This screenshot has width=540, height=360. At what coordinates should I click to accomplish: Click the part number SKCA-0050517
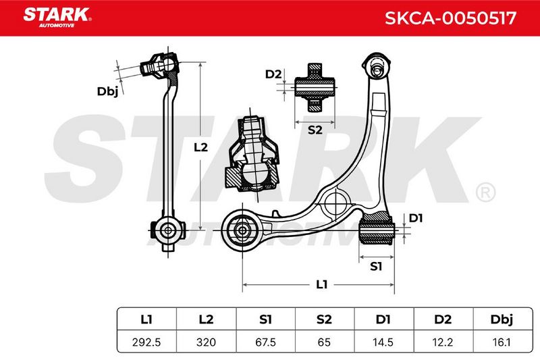[x=450, y=18]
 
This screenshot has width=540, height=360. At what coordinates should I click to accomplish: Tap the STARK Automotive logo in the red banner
[x=57, y=18]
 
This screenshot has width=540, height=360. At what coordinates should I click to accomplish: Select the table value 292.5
[x=146, y=342]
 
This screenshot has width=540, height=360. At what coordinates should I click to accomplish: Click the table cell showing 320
[x=206, y=342]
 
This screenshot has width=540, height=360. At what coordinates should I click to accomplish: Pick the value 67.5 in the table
[x=265, y=342]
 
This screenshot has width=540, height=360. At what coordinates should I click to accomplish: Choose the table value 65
[x=324, y=342]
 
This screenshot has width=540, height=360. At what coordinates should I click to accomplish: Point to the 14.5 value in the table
[x=383, y=342]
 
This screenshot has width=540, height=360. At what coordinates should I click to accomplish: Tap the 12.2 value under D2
[x=443, y=342]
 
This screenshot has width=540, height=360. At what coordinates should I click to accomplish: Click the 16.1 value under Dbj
[x=502, y=342]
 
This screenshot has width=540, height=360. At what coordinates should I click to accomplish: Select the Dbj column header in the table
[x=502, y=319]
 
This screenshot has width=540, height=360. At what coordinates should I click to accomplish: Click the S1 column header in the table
[x=265, y=319]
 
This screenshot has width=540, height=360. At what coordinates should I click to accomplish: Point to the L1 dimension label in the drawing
[x=321, y=284]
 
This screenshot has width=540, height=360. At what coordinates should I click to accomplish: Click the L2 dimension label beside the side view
[x=200, y=147]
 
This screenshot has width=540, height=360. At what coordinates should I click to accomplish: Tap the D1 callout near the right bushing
[x=416, y=218]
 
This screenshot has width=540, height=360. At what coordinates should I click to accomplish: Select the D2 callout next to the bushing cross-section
[x=273, y=74]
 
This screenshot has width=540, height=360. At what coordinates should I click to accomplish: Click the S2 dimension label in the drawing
[x=315, y=130]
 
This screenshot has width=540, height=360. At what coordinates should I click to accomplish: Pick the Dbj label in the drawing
[x=107, y=92]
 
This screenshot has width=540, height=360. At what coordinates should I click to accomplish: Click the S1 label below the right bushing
[x=376, y=266]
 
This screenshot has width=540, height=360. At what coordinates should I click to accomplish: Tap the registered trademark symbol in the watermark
[x=485, y=192]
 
